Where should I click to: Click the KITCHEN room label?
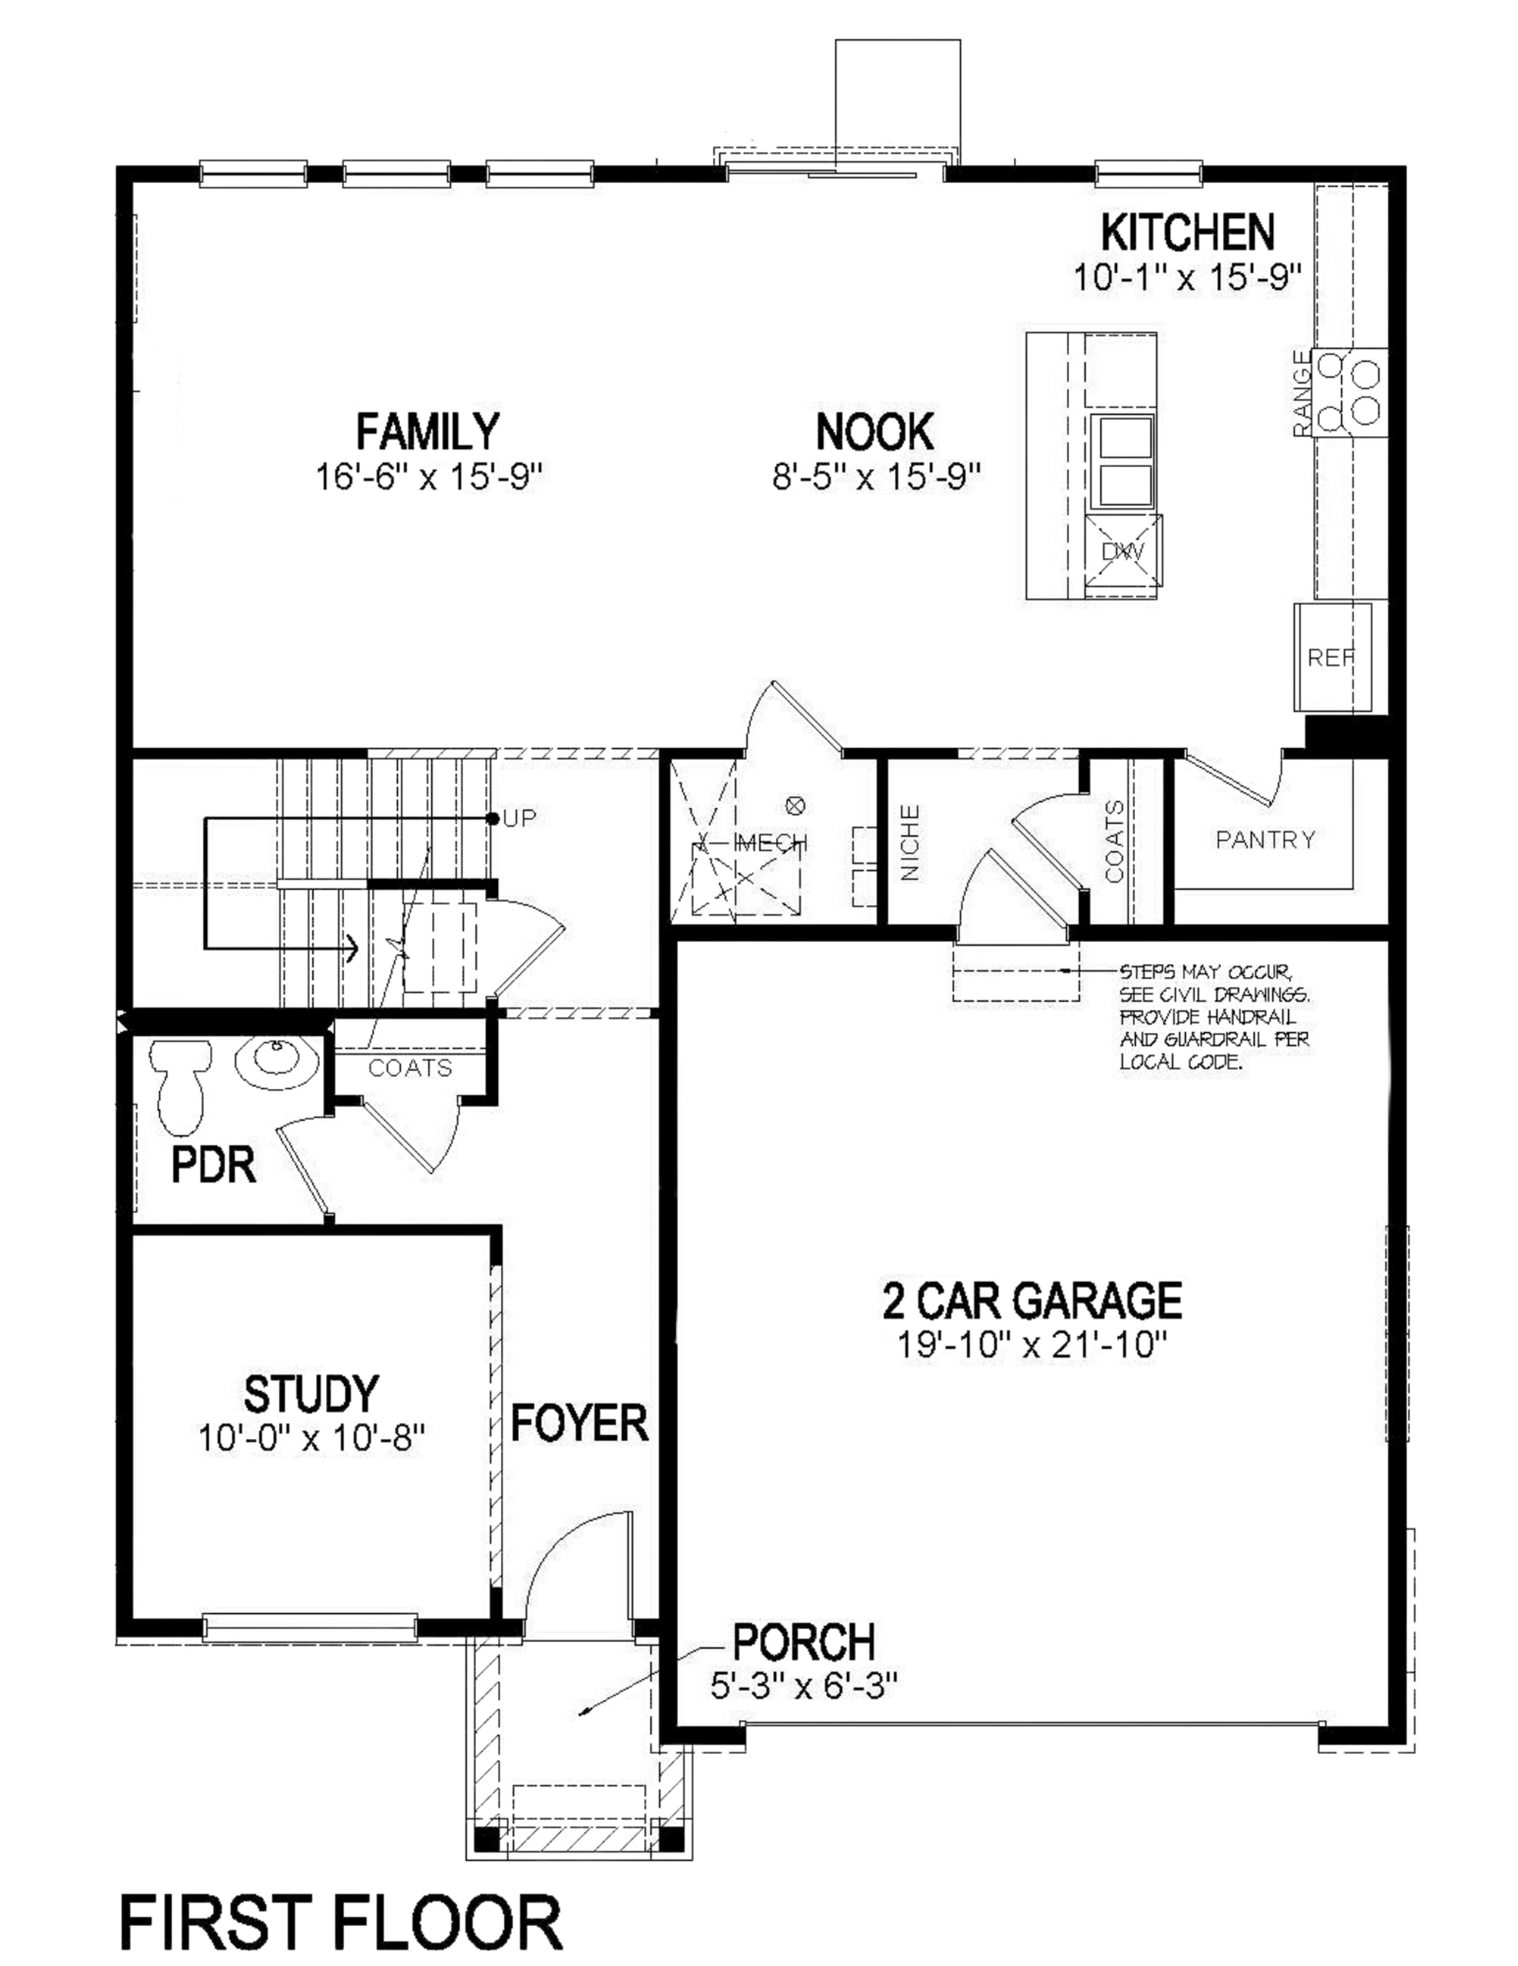[x=1187, y=233]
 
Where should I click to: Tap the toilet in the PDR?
[x=181, y=1085]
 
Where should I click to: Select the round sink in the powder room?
[x=278, y=1062]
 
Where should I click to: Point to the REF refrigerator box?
[x=1332, y=658]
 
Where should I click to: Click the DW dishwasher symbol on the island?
[x=1123, y=550]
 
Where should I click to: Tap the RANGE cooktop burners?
[x=1349, y=393]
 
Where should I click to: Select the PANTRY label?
[x=1264, y=840]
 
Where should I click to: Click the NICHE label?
[x=909, y=842]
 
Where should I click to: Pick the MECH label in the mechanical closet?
[x=772, y=842]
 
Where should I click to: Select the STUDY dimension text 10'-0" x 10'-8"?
[x=311, y=1438]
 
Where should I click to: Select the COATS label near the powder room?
[x=410, y=1068]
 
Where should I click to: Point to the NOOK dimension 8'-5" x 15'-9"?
[x=874, y=476]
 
